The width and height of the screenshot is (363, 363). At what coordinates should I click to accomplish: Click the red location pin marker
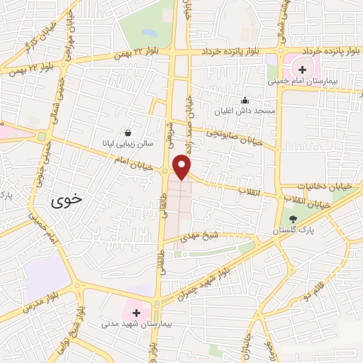click(183, 166)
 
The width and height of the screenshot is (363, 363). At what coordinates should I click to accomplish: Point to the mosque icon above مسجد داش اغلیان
click(245, 100)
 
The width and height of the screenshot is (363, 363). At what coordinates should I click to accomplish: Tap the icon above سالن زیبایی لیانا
click(127, 133)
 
